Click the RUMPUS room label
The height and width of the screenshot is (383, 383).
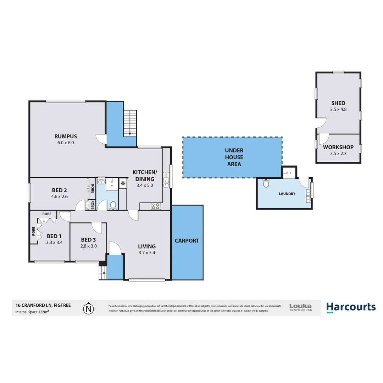click(66, 136)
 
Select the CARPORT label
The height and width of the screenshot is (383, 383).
click(187, 240)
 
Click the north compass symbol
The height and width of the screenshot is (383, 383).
click(88, 309)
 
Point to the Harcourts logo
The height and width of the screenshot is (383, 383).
click(351, 307)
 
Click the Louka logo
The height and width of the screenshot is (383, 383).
click(300, 307)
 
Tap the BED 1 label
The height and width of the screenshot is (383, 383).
click(54, 237)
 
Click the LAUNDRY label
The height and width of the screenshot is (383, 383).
click(287, 194)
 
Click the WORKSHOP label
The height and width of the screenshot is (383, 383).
click(338, 147)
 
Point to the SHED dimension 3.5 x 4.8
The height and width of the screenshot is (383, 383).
click(338, 110)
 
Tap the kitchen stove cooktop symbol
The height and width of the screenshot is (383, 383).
click(155, 205)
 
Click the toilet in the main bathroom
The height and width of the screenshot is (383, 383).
click(113, 205)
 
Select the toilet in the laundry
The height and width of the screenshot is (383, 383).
click(266, 184)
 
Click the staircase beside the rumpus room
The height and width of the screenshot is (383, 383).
click(130, 123)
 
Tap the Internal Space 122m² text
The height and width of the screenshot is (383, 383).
click(32, 312)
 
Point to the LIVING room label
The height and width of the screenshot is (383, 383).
click(147, 246)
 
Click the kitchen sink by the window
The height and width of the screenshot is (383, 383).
click(166, 180)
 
